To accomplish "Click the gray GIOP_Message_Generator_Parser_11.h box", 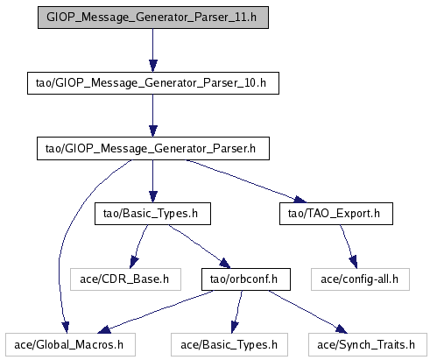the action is pos(153,18).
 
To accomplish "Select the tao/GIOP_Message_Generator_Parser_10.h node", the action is pos(153,83).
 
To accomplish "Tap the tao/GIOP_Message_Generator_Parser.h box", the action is pos(153,149).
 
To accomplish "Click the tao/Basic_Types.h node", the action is pos(152,214).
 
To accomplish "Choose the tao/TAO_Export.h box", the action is pos(336,214).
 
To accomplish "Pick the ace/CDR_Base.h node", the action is pos(125,279).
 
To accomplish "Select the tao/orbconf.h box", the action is pos(246,279).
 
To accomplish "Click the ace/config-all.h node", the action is pos(360,279).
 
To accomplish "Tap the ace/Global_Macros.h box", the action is pos(70,345).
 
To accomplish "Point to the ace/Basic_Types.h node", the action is pos(229,345).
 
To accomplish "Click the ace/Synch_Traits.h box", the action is pos(368,345).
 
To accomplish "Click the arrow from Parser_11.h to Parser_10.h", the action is pos(153,50).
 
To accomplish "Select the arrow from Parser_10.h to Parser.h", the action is pos(153,116).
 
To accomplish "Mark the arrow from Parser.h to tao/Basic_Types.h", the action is pos(153,181).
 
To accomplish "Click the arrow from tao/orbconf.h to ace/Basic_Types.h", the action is pos(236,312).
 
